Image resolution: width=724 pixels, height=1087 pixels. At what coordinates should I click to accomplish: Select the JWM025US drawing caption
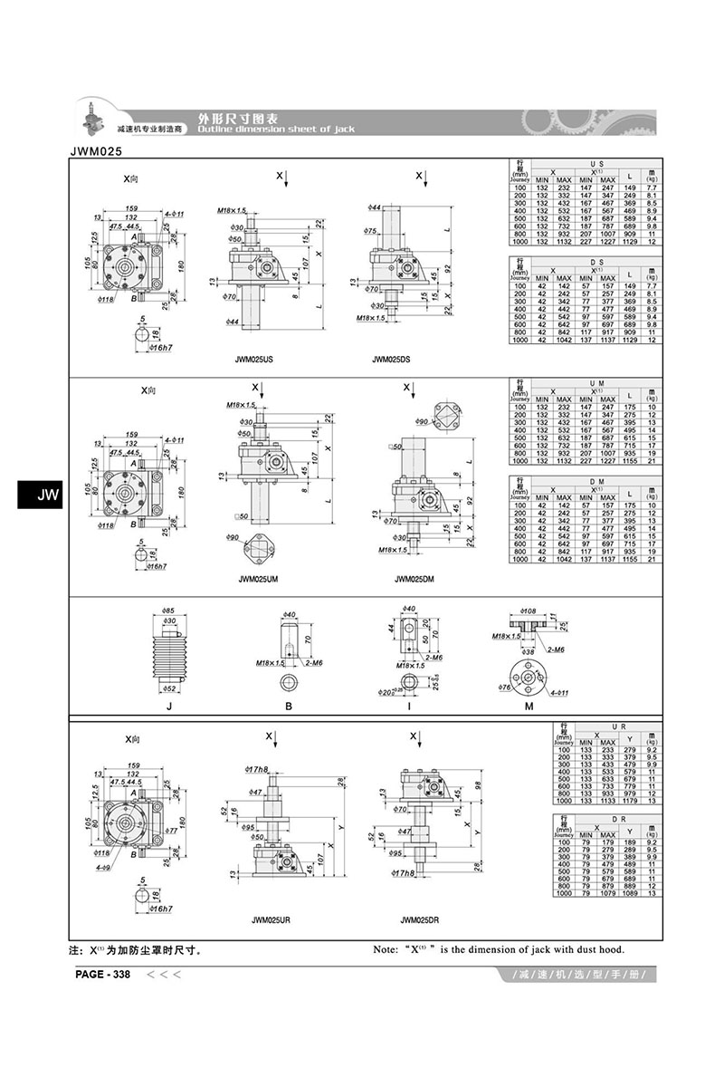253,360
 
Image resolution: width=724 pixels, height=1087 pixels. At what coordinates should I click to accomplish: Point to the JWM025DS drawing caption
391,360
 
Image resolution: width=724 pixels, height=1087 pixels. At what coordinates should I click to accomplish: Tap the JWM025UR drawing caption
271,920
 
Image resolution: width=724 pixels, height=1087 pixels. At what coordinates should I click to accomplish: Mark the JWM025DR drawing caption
419,920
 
